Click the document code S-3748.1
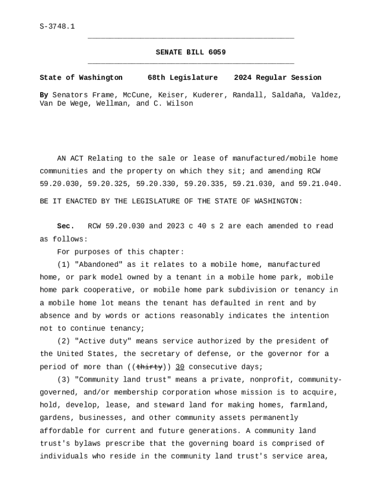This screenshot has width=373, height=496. coord(57,27)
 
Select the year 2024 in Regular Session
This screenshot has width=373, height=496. coord(243,77)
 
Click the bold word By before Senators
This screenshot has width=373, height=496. coord(44,95)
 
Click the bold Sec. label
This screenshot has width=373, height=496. coord(66,226)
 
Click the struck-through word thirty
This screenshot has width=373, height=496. coord(149,367)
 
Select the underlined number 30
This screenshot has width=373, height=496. coord(180,367)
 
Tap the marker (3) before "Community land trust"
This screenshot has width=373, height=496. coord(63,379)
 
